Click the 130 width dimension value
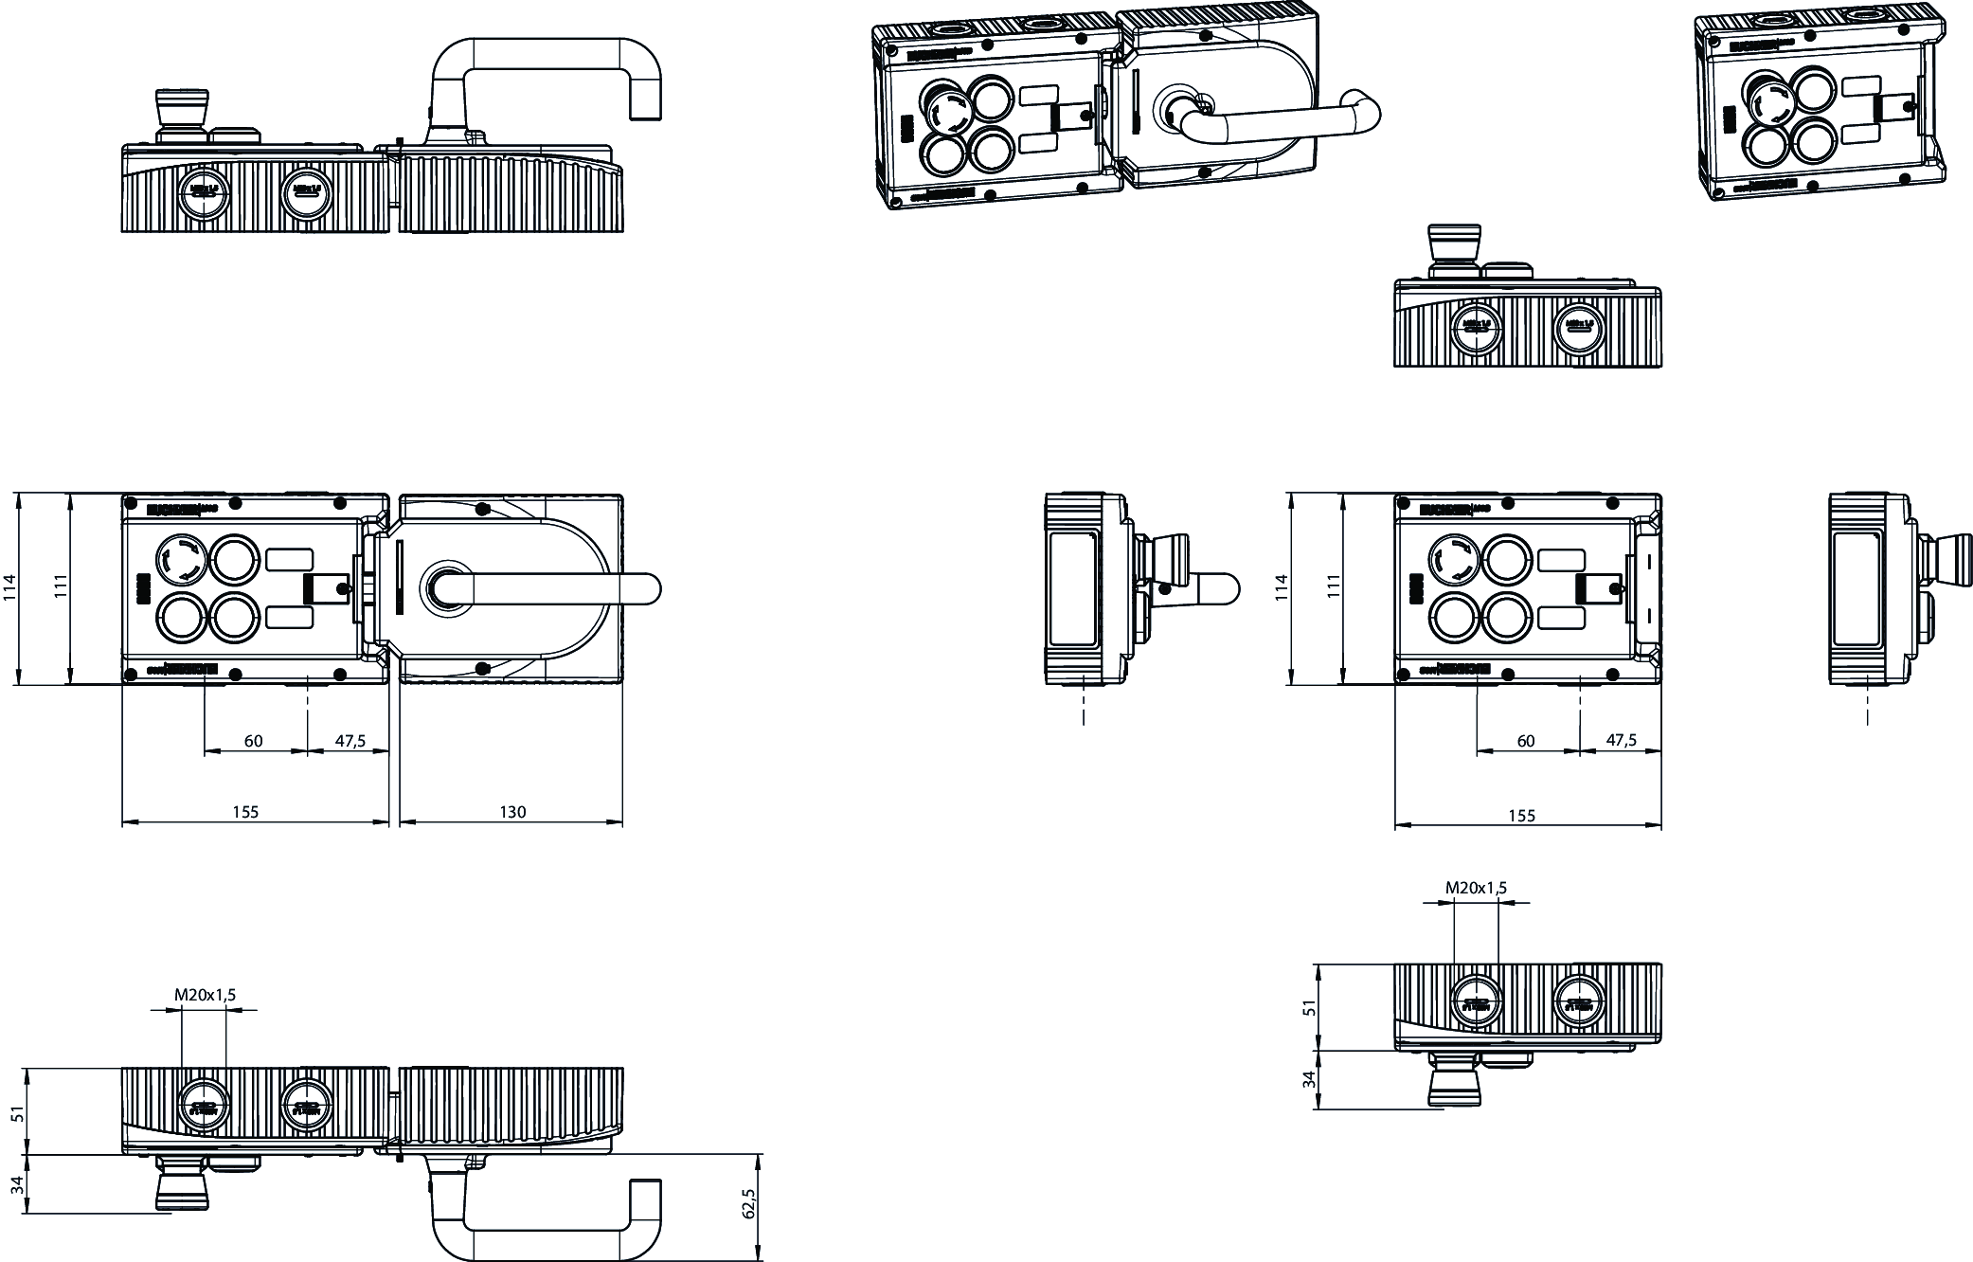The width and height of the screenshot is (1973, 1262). (512, 812)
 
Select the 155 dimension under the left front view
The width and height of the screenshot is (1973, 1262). (245, 812)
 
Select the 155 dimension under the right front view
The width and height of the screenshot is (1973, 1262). (1521, 816)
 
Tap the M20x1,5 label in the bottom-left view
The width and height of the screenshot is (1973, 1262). (205, 995)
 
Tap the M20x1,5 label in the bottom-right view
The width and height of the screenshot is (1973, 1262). (1476, 888)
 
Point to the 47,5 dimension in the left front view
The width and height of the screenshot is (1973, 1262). (350, 741)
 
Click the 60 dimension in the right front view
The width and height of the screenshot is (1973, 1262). (1525, 741)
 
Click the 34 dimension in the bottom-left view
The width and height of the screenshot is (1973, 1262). (16, 1184)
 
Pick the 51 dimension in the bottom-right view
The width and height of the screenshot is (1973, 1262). (1310, 1007)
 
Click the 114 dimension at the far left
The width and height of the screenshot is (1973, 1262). (9, 588)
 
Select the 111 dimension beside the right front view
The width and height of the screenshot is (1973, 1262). (1335, 588)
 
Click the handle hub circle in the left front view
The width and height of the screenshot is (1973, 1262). (443, 587)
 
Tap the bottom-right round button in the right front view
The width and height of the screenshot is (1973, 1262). (1508, 619)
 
